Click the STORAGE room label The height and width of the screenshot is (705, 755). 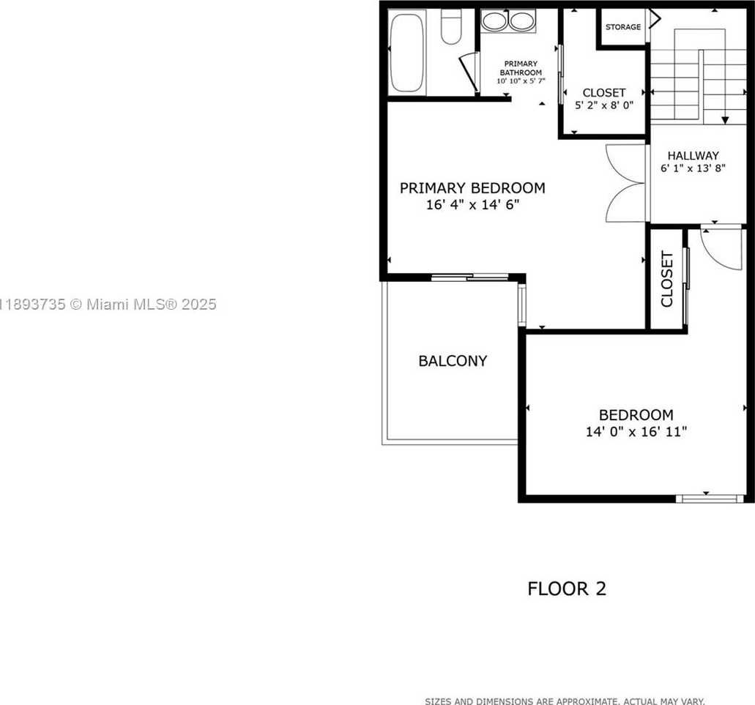pos(622,27)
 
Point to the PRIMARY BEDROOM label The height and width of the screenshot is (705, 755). pos(472,188)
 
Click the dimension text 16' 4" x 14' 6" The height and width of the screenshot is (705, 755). pos(472,205)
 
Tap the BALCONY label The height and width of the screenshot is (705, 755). pos(453,361)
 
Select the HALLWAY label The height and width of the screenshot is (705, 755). pos(693,156)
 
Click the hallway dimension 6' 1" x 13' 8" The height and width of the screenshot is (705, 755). pos(693,168)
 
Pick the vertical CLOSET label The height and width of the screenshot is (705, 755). pos(666,279)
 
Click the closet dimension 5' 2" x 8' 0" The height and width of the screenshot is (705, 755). pos(604,105)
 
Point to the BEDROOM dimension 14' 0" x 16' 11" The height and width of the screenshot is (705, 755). pos(636,432)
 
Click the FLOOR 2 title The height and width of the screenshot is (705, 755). pos(567,589)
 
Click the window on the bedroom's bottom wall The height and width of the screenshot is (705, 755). pos(709,499)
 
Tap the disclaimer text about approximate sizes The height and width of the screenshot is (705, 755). pos(565,701)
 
